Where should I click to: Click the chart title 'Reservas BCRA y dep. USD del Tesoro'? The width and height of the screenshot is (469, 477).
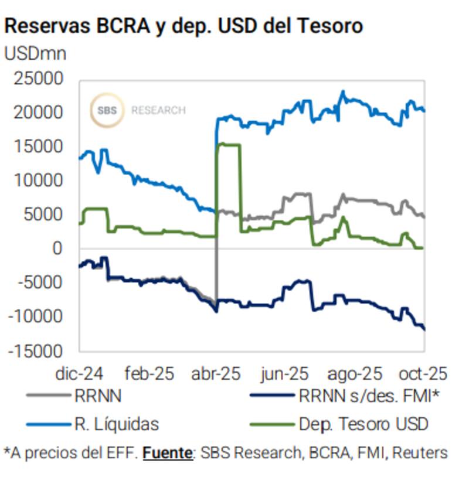(x=183, y=26)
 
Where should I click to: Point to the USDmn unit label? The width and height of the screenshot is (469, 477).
(x=35, y=53)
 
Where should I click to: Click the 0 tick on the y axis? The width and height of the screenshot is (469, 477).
(x=57, y=248)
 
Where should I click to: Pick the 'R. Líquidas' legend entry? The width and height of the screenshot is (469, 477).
(x=117, y=423)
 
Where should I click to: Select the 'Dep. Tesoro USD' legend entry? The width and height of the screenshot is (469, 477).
(x=363, y=423)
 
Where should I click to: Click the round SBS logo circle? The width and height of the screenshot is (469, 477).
(x=106, y=110)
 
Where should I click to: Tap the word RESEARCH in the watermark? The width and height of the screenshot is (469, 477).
(x=158, y=110)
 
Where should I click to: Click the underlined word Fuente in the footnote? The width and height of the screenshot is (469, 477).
(x=167, y=453)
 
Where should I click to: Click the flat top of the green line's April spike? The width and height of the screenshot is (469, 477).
(x=229, y=144)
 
